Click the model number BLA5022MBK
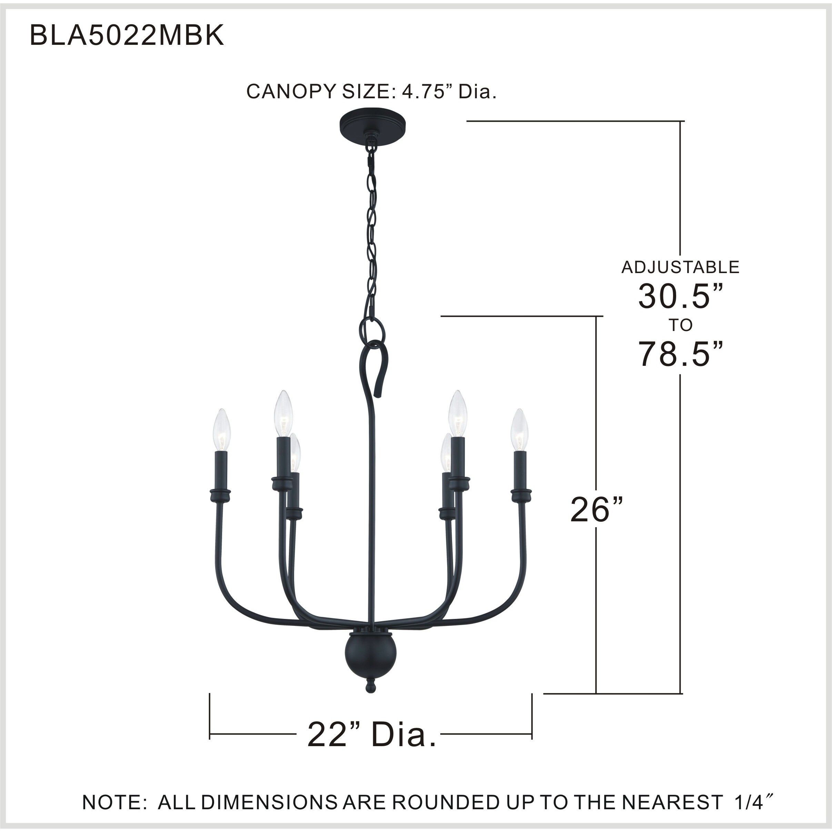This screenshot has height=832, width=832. [x=127, y=35]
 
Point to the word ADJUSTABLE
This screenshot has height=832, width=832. [x=680, y=268]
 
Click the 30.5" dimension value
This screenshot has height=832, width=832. [x=680, y=296]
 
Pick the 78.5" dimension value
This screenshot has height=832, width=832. [x=680, y=354]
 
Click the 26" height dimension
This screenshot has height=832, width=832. [x=597, y=510]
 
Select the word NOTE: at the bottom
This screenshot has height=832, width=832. [x=114, y=802]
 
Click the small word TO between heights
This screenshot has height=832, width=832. [x=680, y=325]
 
